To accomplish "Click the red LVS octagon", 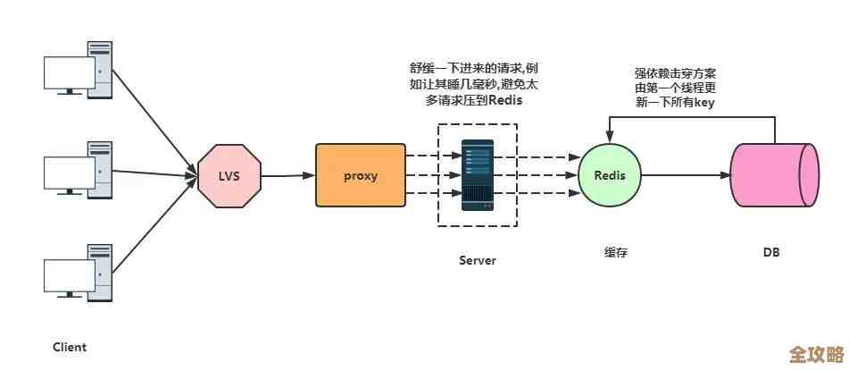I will coord(229,176).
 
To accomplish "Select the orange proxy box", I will coord(361,175).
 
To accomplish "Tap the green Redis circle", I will coord(611,175).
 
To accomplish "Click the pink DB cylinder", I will coord(774,175).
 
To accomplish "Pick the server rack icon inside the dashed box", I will coord(477,175).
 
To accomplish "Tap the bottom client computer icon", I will coord(79,273).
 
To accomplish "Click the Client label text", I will coord(70,347).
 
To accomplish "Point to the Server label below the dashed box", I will coord(478,260).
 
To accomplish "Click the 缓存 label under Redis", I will coord(616,252).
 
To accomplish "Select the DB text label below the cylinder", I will coord(771,252).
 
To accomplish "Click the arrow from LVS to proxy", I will coord(288,176).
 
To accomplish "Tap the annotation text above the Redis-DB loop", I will coord(675,88).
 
